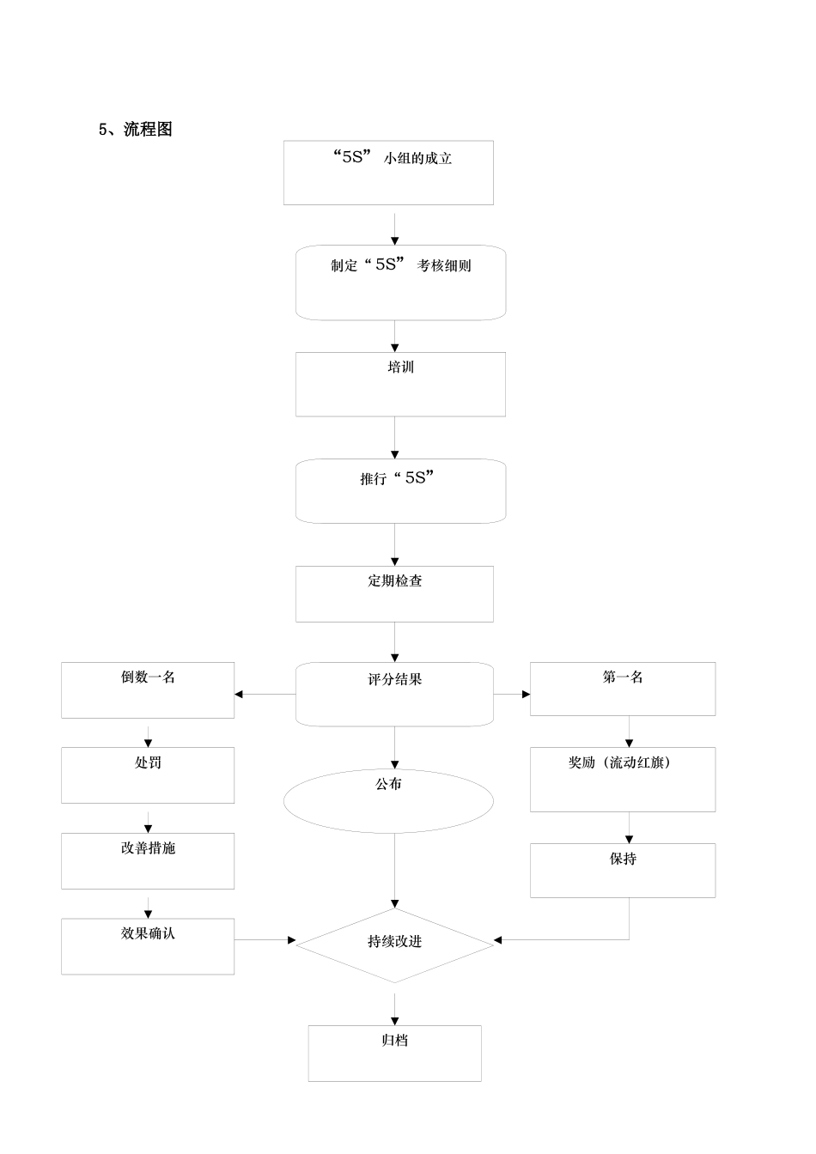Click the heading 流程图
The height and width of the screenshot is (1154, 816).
point(137,130)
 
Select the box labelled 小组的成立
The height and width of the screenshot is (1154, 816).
point(388,173)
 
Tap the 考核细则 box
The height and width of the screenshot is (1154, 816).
point(400,283)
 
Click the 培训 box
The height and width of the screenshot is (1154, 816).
point(400,384)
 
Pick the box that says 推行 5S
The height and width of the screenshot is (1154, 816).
point(400,491)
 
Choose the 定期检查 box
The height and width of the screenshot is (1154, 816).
point(394,593)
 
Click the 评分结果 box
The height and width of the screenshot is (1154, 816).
point(394,694)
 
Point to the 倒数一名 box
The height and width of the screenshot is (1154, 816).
point(148,689)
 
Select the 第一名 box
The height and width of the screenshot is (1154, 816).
point(622,689)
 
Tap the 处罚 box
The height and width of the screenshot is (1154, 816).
point(148,774)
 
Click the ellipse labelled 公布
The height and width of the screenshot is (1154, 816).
point(388,800)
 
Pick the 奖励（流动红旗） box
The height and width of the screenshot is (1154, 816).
point(622,779)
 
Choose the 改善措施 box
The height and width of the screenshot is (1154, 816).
point(148,860)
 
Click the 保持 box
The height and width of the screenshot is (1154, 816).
point(622,870)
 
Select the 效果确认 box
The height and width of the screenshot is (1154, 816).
point(148,946)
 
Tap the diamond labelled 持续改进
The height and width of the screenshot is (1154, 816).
point(394,944)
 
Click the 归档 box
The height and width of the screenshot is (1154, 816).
point(394,1053)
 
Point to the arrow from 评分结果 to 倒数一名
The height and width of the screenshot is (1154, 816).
point(265,694)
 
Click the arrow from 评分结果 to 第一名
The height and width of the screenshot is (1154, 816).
point(512,694)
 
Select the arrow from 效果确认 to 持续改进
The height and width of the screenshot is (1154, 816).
point(265,940)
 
